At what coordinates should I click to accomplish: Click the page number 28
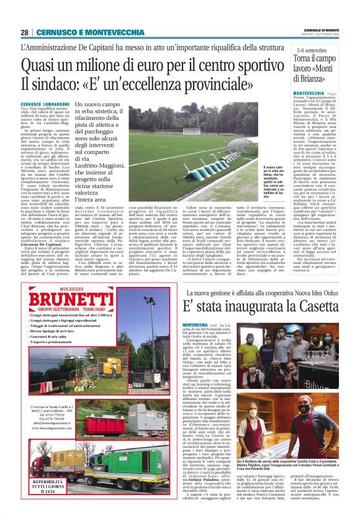(24, 32)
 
